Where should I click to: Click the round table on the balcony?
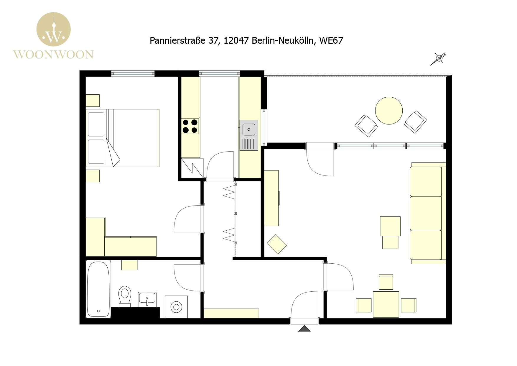point(389,111)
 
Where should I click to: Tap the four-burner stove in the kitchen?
point(190,126)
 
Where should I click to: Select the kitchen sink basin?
point(249,129)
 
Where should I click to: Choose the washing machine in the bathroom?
point(176,307)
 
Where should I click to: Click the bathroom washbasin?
point(147,300)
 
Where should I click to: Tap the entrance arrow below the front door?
point(304,329)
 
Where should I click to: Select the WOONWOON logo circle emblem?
point(53,29)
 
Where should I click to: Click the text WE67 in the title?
point(331,40)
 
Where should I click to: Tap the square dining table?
point(386,304)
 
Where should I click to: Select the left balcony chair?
point(366,126)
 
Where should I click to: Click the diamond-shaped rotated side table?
point(276,244)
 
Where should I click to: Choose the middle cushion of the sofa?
point(426,213)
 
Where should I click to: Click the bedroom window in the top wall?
point(133,73)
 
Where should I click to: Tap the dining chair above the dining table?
point(386,282)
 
